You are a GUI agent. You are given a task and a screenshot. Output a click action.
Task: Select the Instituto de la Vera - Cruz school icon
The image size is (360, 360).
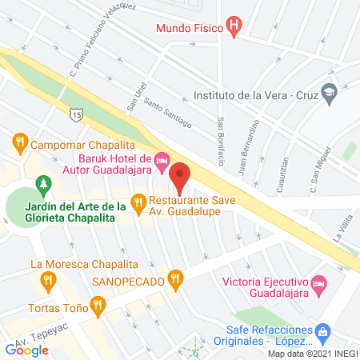tap(328, 93)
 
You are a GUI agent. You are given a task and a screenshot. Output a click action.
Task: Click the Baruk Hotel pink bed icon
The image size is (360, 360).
tap(161, 162)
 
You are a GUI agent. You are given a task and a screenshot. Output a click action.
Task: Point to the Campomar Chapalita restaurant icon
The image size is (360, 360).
tap(20, 144)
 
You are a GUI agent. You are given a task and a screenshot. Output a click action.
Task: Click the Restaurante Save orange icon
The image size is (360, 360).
tap(138, 202)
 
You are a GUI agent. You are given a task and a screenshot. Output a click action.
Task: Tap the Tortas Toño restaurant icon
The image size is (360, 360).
tap(98, 304)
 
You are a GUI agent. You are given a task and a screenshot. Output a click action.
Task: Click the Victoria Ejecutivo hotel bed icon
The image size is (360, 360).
tap(318, 283)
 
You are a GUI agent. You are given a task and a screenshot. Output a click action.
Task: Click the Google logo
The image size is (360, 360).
tap(27, 350)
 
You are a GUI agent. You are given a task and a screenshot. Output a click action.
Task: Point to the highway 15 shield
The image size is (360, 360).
tap(75, 115)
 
